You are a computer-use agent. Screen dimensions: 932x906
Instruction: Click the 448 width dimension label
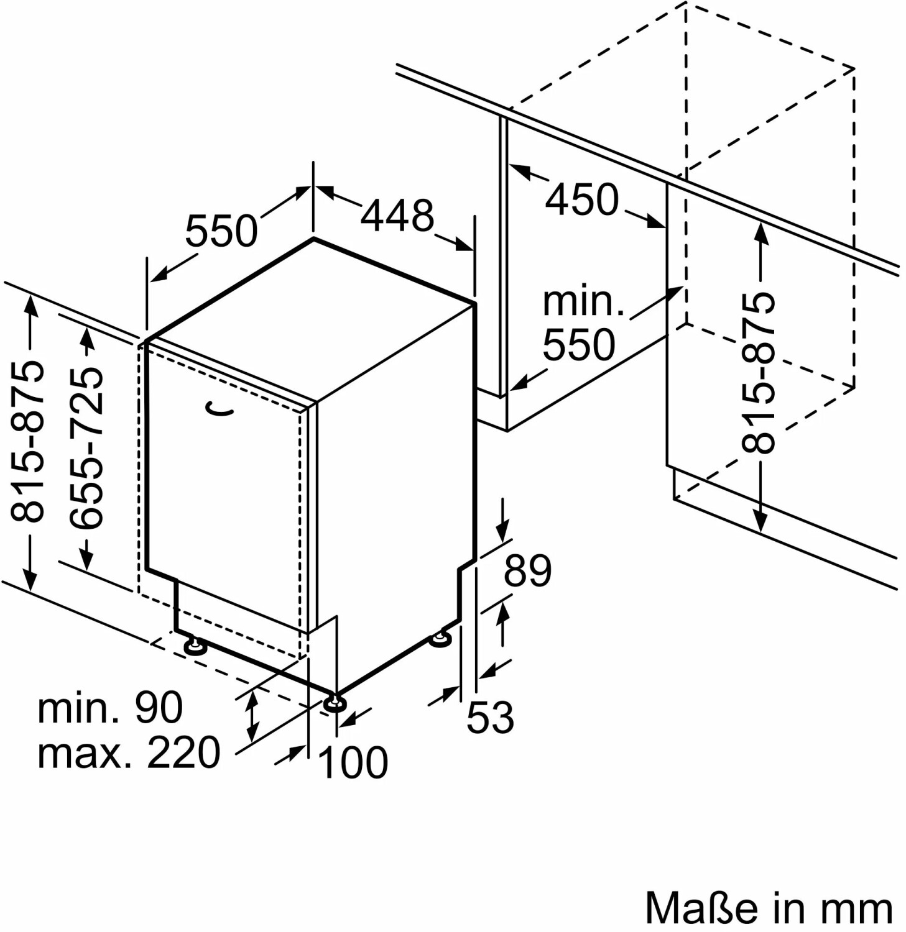pos(397,216)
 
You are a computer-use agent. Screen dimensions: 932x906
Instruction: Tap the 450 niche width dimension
pos(582,199)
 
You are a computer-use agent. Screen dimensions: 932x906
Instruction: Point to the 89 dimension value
pos(527,570)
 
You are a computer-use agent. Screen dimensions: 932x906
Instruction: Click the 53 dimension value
pos(490,717)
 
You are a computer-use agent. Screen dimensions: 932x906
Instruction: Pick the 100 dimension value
pos(353,762)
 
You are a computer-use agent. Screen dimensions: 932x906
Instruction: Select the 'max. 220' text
pos(129,752)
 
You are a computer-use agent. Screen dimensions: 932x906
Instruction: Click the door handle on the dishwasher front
pos(220,409)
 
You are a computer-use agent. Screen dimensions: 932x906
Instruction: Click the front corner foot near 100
pos(335,703)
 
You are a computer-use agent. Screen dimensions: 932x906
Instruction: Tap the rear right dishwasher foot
pos(441,639)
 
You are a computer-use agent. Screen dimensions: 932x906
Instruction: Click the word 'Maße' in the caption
pos(701,908)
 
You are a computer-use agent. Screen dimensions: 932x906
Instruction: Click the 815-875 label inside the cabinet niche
pos(759,372)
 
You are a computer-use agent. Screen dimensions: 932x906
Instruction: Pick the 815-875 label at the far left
pos(29,441)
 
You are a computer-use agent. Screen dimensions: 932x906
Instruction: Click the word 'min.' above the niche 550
pos(583,302)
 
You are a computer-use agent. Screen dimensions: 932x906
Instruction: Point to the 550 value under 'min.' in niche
pos(578,345)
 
